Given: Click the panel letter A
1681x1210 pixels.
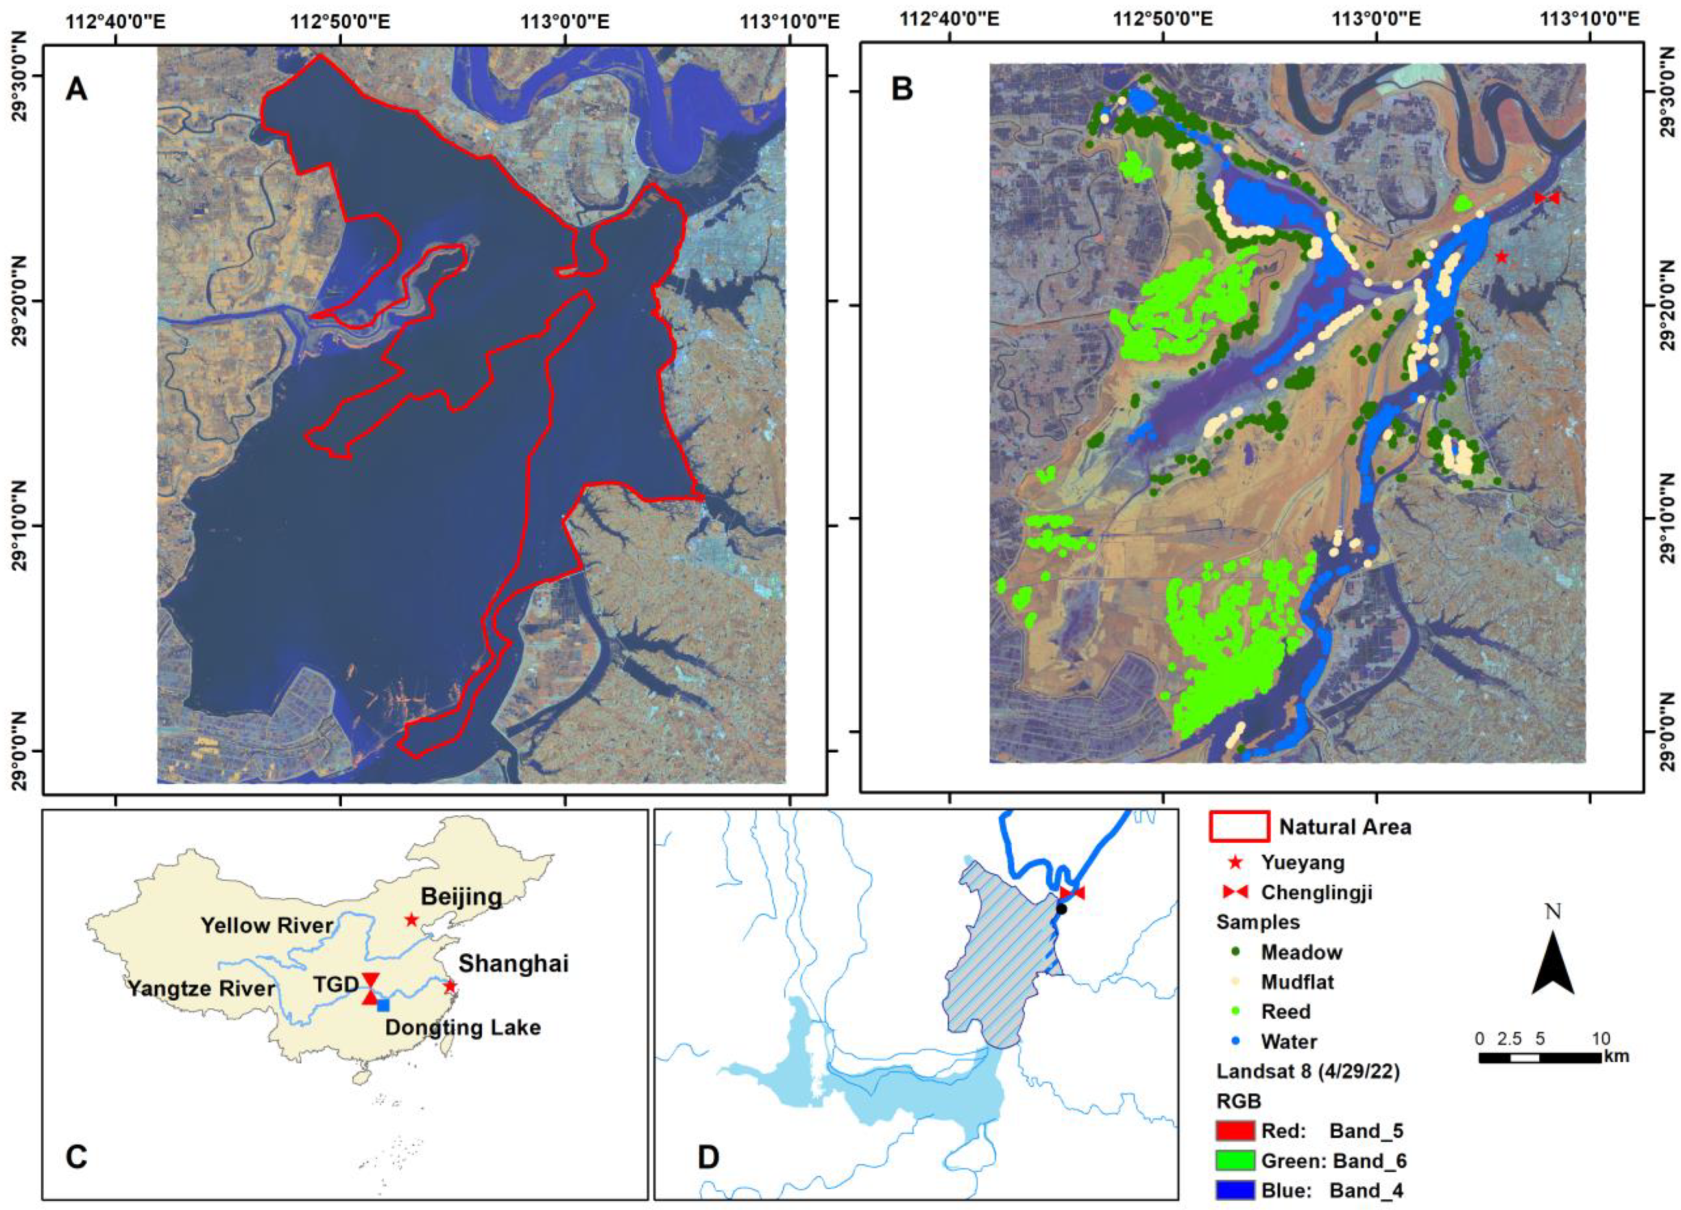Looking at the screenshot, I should coord(76,89).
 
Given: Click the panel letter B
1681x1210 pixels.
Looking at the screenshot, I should coord(902,89).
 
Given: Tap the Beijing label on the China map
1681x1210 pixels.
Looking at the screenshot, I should coord(461,897).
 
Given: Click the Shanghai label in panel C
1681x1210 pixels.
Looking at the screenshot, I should coord(513,964).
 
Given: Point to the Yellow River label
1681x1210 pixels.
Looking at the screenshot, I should coord(267,925).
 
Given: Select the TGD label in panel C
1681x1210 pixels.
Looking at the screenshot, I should coord(336,985).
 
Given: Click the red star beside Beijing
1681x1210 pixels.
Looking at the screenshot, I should coord(412,919).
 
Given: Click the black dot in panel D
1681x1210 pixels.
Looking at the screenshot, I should coord(1061,909).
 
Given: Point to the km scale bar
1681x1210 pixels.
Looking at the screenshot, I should coord(1539,1057).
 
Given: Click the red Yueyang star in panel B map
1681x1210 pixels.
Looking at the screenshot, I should coord(1502,257).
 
